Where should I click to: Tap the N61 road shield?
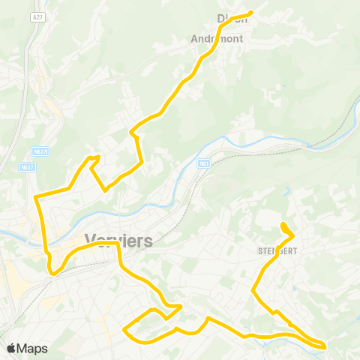pyautogui.click(x=203, y=163)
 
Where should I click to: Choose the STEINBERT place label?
pyautogui.click(x=278, y=250)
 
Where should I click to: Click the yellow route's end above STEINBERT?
pyautogui.click(x=282, y=224)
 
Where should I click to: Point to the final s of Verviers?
pyautogui.click(x=148, y=241)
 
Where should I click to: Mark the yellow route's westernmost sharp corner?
pyautogui.click(x=35, y=196)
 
